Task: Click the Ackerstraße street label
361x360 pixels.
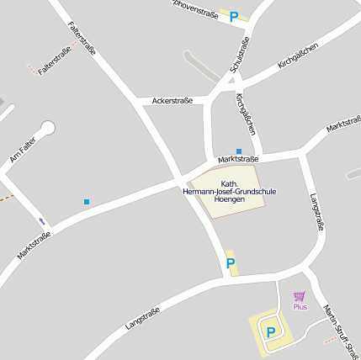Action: pos(173,101)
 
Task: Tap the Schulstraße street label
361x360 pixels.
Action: pos(240,56)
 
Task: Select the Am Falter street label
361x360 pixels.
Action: pos(22,151)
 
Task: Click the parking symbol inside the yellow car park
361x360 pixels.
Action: pos(270,332)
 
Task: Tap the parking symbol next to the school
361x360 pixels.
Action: pos(231,264)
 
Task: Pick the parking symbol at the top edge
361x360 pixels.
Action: pos(234,15)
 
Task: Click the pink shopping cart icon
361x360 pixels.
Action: pos(299,296)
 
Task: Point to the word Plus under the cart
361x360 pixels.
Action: pos(300,307)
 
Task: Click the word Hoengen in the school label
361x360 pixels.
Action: pos(229,200)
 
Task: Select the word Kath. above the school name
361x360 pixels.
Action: pos(229,183)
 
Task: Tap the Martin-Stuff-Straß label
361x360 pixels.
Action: pos(341,328)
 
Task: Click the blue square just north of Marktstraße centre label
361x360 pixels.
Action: pos(239,151)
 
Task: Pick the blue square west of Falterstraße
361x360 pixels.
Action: pos(87,202)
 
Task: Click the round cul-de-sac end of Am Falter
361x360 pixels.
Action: pos(47,128)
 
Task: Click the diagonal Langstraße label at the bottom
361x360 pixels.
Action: pos(142,319)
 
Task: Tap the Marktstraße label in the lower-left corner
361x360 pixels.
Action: pos(34,245)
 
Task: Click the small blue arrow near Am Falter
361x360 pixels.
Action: pos(42,221)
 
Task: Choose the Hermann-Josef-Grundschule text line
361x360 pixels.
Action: pos(229,192)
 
